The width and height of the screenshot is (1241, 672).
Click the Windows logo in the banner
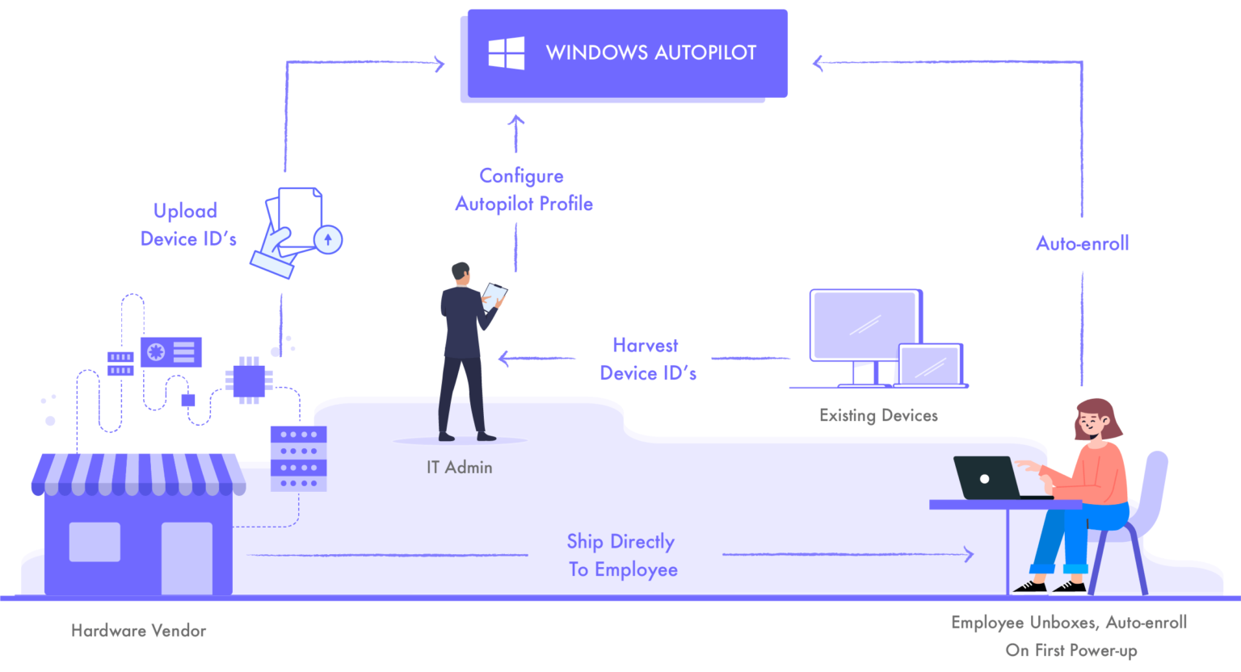point(507,53)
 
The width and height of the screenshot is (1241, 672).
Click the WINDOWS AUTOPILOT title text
point(650,53)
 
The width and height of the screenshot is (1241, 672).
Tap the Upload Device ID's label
point(187,225)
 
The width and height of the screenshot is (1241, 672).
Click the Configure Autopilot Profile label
point(524,190)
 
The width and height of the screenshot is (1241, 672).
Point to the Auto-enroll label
point(1082,243)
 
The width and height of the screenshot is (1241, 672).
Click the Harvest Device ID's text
point(647,359)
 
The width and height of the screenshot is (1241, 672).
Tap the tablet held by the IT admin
point(494,295)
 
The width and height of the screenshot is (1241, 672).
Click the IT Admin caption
point(459,468)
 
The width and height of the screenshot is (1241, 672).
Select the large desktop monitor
point(865,326)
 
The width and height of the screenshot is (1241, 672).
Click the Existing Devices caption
point(878,416)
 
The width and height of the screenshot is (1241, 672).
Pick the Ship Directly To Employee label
point(621,556)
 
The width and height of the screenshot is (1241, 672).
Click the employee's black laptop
point(987,478)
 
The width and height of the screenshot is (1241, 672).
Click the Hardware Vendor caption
point(138,631)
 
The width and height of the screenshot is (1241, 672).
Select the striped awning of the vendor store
point(138,474)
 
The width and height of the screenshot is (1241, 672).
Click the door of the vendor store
point(187,557)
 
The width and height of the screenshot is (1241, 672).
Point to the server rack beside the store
point(298,459)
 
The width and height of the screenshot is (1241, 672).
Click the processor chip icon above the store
point(249,380)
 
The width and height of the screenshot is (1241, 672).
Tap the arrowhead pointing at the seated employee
point(969,554)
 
